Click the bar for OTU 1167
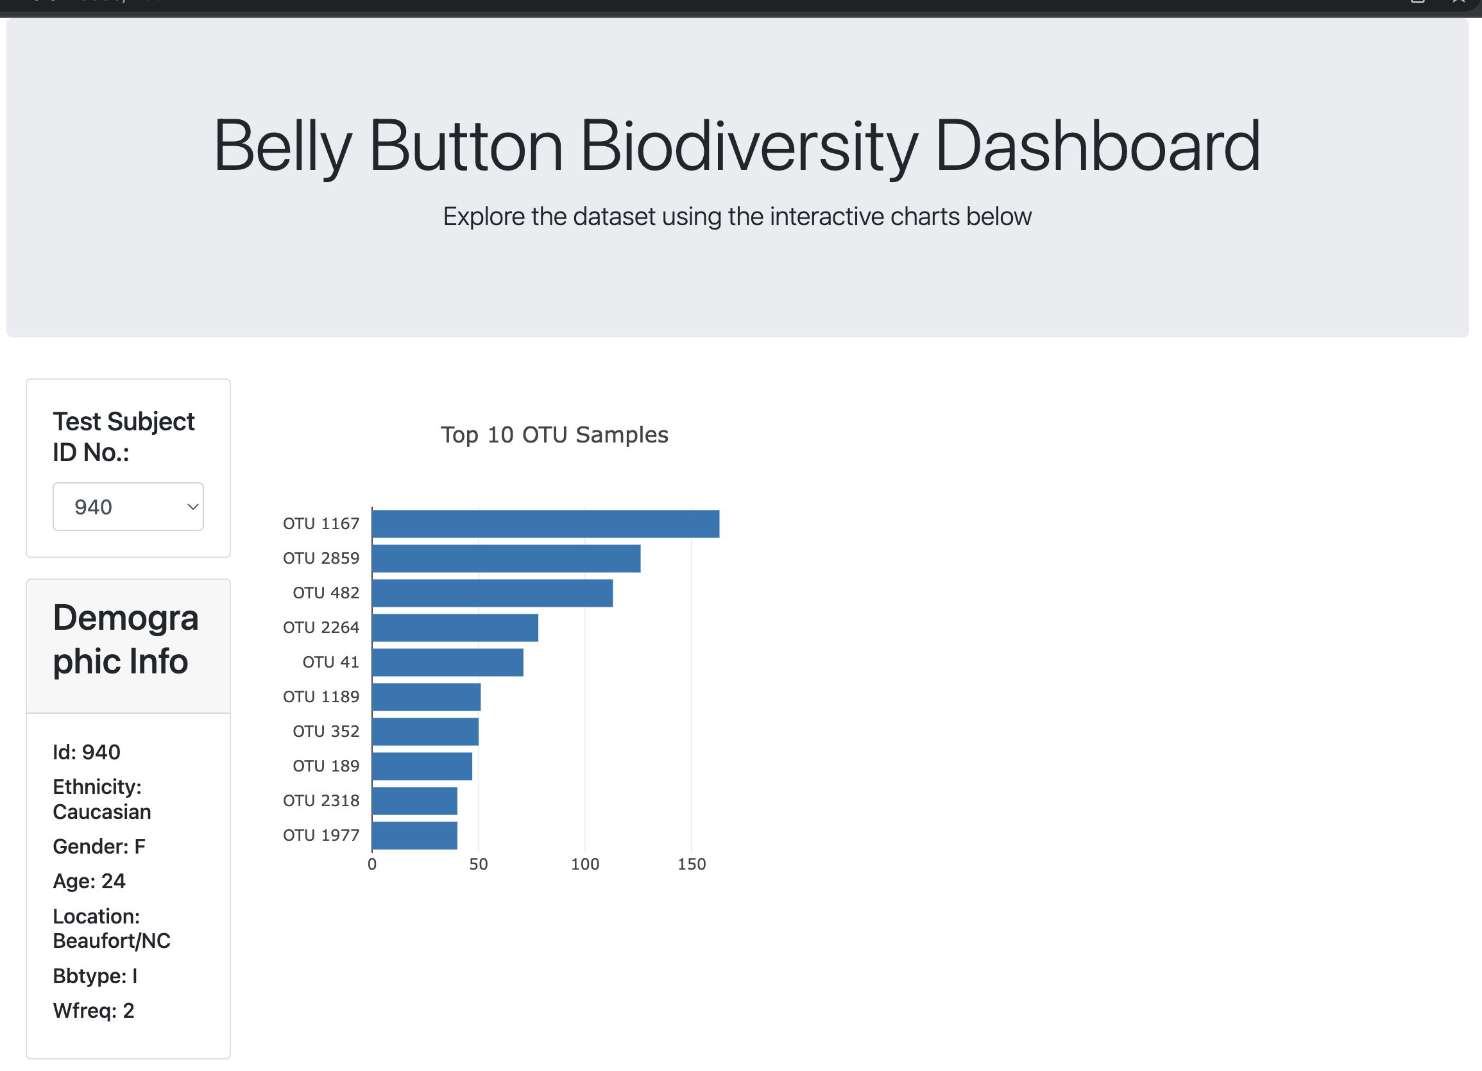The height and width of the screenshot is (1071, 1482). pyautogui.click(x=545, y=524)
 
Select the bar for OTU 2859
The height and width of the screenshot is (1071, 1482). pyautogui.click(x=506, y=559)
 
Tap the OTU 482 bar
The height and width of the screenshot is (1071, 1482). pyautogui.click(x=492, y=593)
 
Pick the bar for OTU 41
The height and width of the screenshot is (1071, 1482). pyautogui.click(x=448, y=662)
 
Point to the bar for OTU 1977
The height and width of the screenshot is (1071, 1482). pyautogui.click(x=414, y=835)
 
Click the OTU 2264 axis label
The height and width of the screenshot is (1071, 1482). pyautogui.click(x=321, y=628)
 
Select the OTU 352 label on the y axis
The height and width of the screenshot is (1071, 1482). pyautogui.click(x=325, y=731)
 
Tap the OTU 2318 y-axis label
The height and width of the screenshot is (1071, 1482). pyautogui.click(x=321, y=800)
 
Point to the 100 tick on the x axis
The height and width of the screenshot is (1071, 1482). pyautogui.click(x=585, y=864)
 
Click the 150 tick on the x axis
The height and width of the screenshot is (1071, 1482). pyautogui.click(x=692, y=864)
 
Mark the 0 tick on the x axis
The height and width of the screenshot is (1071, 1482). pyautogui.click(x=372, y=864)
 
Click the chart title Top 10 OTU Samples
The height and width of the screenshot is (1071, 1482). pyautogui.click(x=554, y=435)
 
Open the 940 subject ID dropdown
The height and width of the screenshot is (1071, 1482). pyautogui.click(x=128, y=507)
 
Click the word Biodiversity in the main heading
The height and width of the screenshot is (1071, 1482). pyautogui.click(x=749, y=146)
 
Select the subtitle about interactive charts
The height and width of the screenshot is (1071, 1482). pyautogui.click(x=737, y=217)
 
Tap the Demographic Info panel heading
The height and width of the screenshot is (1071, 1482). pyautogui.click(x=126, y=640)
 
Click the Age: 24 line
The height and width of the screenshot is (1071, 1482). pyautogui.click(x=89, y=881)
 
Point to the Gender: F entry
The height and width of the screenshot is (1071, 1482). pyautogui.click(x=99, y=847)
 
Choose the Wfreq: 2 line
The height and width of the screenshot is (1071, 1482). pyautogui.click(x=94, y=1010)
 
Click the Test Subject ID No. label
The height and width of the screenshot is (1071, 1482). pyautogui.click(x=123, y=437)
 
